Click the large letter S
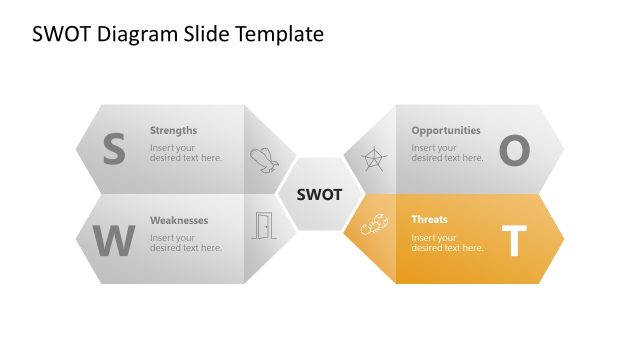click(114, 150)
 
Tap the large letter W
click(113, 241)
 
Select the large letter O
click(513, 150)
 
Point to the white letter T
click(513, 241)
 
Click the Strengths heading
click(173, 130)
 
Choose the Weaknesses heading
click(178, 220)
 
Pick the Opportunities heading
click(445, 130)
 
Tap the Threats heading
click(429, 219)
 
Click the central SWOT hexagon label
click(320, 194)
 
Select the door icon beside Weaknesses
click(263, 226)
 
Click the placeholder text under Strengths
click(185, 152)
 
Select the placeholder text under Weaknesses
click(185, 243)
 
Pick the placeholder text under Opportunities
click(446, 152)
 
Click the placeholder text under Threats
click(446, 243)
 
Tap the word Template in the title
click(282, 35)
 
